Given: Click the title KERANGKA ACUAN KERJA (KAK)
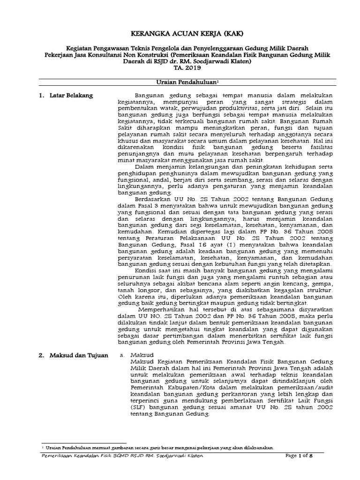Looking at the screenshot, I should [x=180, y=34].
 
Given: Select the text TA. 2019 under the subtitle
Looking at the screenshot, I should [x=180, y=67].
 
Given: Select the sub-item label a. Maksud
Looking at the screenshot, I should [x=131, y=356].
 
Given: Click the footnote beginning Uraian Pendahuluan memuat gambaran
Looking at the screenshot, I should [x=159, y=447].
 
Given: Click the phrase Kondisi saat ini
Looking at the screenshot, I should [x=159, y=270].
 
